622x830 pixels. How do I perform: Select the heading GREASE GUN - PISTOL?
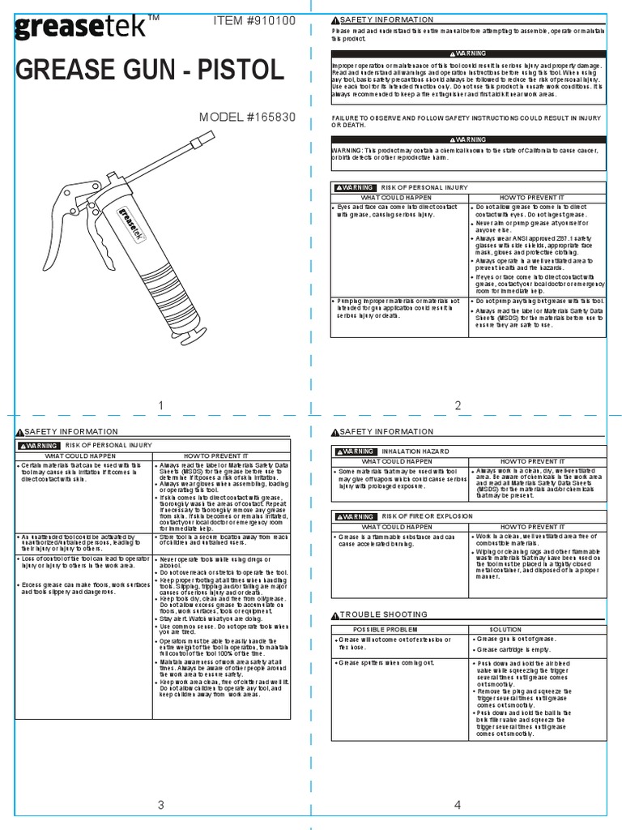pos(150,71)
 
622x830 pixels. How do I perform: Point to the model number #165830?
pos(247,117)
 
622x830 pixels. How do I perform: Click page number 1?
pos(161,405)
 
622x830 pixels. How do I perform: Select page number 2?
pos(458,405)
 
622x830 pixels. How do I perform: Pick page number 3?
pos(161,805)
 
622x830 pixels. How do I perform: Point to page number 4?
pos(458,805)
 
